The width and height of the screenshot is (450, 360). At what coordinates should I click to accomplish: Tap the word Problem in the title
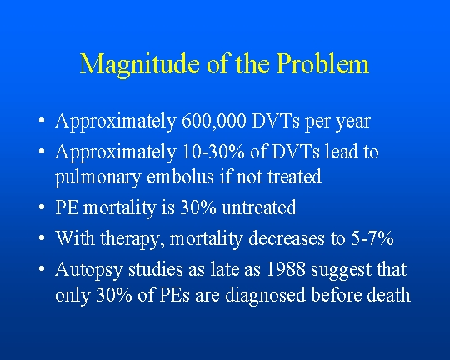click(323, 63)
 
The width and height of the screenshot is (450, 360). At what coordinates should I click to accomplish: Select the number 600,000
click(214, 121)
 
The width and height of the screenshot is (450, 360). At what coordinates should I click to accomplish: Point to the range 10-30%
click(213, 152)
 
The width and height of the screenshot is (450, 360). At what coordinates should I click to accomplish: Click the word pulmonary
click(97, 178)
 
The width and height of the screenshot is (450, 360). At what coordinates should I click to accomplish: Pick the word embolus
click(180, 177)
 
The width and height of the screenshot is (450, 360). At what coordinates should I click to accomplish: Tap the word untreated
click(259, 207)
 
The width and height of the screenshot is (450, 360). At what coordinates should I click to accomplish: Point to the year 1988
click(286, 269)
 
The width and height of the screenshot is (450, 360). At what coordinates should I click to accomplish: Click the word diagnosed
click(265, 296)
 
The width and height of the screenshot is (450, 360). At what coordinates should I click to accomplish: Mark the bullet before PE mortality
click(42, 207)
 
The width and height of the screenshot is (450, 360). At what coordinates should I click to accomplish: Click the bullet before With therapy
click(42, 238)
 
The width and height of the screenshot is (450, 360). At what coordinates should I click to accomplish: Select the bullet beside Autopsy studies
click(42, 269)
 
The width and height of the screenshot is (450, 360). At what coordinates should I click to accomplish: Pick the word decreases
click(287, 238)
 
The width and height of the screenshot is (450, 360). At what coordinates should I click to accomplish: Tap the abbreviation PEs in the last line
click(174, 294)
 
